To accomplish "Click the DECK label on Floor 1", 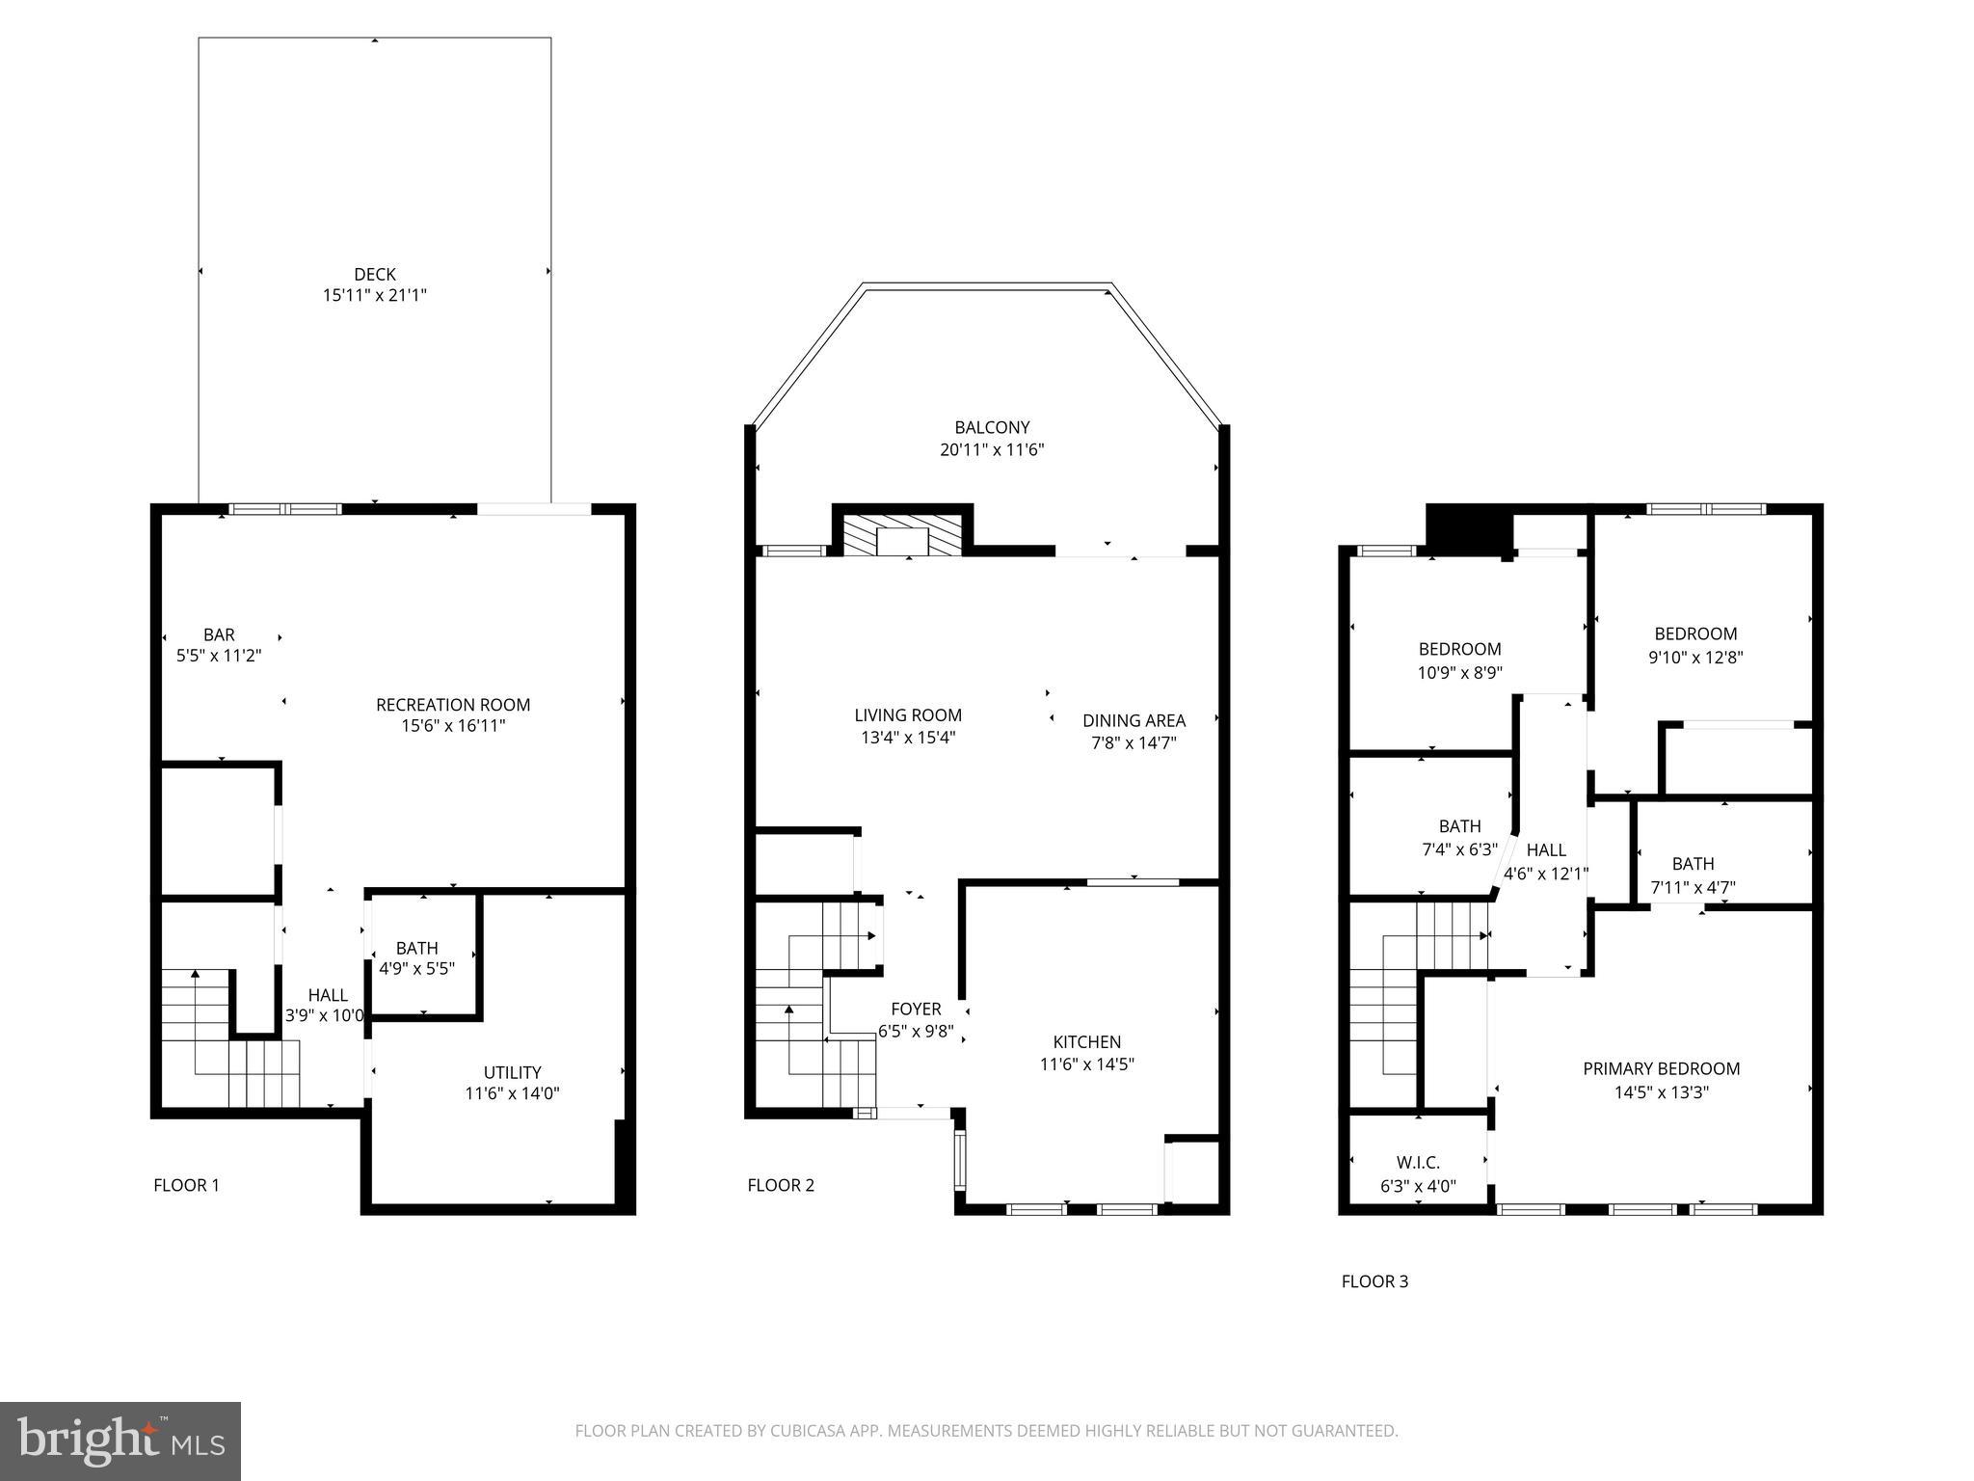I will pos(374,275).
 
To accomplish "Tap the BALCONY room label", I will pos(992,427).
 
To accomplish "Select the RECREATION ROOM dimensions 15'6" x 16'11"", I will pos(453,726).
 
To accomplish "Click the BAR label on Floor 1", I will pos(219,634).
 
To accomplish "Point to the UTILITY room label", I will pos(512,1072).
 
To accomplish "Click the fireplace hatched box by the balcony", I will pos(903,535).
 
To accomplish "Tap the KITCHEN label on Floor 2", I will pos(1086,1041).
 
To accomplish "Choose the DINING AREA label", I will pos(1134,720).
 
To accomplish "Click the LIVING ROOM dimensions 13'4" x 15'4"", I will pos(908,738).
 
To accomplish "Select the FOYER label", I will pos(916,1009).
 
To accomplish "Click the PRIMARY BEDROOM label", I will pos(1661,1068).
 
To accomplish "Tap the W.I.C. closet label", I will pos(1418,1163).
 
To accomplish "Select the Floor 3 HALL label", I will pos(1546,849).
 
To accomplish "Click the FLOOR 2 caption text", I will pos(781,1185).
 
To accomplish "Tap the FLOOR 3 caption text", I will pos(1374,1281).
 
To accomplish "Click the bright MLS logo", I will pos(120,1441).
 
